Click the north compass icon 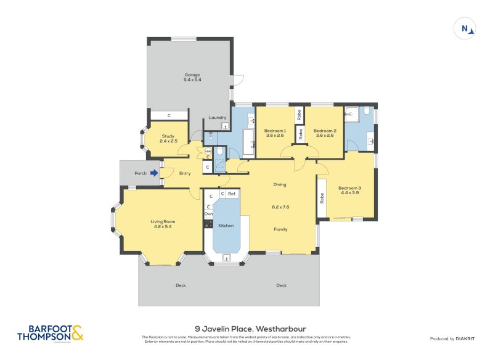coord(465,28)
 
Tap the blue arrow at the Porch coord(153,173)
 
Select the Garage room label coord(192,77)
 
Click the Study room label coord(168,139)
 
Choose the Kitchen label coord(226,226)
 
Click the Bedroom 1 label coord(275,133)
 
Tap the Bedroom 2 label coord(324,133)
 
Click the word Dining coord(280,184)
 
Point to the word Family coord(280,229)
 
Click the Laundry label coord(218,118)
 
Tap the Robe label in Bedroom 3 coord(322,199)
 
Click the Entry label coord(185,173)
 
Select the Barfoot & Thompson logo coord(49,333)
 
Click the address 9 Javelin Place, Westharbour coord(246,329)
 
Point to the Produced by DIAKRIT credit coord(451,338)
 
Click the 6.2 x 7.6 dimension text coord(280,207)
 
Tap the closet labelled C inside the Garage coord(169,115)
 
